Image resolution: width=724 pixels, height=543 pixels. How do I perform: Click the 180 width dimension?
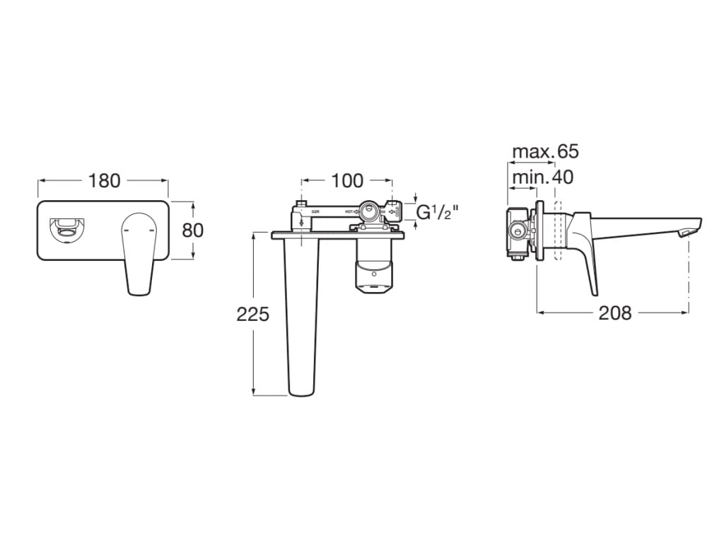coord(104,181)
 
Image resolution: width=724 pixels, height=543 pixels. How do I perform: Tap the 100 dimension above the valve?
coord(346,181)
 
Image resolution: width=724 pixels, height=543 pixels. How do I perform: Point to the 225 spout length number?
coord(252,314)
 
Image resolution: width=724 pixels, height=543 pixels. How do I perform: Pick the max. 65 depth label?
coord(545,151)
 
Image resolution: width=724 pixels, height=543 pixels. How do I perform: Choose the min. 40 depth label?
coord(542,177)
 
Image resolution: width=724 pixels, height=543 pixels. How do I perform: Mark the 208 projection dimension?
coord(614,313)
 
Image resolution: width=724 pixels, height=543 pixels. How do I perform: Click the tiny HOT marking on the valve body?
coord(349,211)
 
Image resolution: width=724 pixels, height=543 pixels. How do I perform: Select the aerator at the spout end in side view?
coord(685,233)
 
